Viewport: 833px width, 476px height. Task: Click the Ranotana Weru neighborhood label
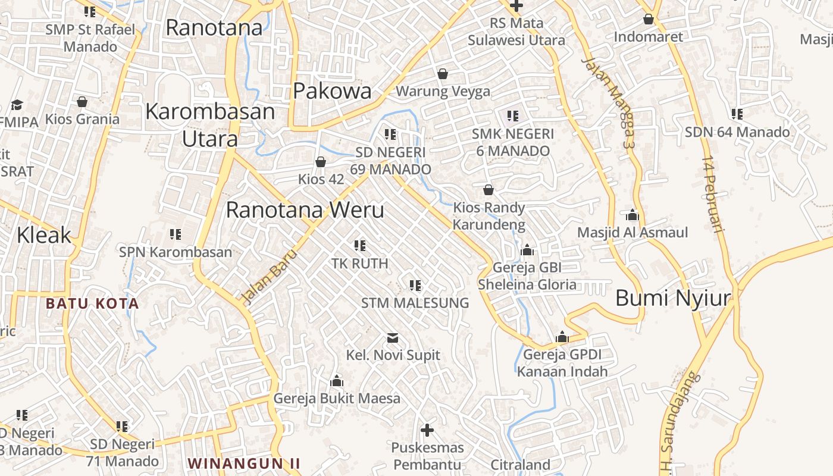(305, 210)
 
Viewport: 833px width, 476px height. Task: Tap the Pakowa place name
(332, 91)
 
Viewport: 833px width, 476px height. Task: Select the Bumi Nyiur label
(672, 297)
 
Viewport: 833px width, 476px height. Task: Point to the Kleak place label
(44, 236)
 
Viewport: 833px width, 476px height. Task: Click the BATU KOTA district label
(92, 303)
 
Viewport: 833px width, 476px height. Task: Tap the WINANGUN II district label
(243, 463)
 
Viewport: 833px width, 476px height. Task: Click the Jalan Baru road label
(268, 274)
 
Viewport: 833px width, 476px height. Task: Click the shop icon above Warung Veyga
(442, 74)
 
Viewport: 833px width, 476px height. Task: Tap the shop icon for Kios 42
(321, 162)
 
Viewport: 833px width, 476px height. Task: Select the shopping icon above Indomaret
(649, 19)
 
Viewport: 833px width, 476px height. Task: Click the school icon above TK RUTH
(359, 245)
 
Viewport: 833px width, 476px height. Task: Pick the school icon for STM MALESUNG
(415, 285)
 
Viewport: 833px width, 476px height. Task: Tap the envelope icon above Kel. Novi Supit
(393, 338)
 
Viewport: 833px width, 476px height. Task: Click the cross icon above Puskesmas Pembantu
(427, 430)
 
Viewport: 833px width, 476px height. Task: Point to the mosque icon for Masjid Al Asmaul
(632, 214)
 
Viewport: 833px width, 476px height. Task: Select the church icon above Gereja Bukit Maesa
(337, 380)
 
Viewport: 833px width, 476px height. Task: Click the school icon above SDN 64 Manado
(737, 114)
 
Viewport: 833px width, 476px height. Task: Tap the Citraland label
(520, 465)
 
